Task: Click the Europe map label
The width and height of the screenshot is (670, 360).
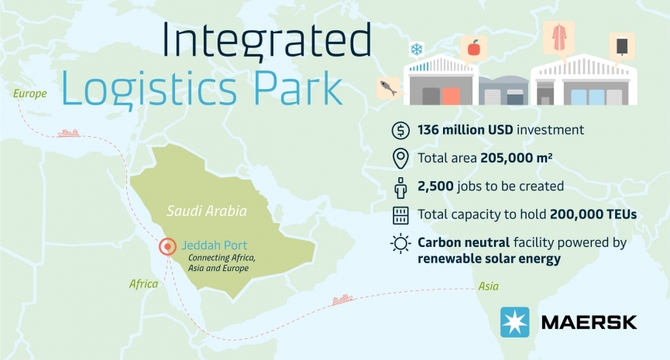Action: click(30, 94)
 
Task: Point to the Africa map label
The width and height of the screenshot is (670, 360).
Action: click(143, 284)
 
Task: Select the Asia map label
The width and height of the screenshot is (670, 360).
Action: click(489, 286)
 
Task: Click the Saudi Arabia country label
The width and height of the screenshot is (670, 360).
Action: click(207, 211)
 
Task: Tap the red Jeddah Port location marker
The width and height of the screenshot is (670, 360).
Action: click(167, 246)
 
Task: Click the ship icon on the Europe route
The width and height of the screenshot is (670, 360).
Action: click(69, 133)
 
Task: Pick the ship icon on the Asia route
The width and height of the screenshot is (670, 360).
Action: click(342, 300)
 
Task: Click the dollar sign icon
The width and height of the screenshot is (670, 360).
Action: click(400, 130)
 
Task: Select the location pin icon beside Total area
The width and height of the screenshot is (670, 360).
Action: click(400, 159)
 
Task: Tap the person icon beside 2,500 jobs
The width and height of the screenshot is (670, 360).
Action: click(400, 187)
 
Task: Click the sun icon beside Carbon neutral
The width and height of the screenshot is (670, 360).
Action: click(400, 244)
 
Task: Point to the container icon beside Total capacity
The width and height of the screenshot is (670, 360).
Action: click(400, 215)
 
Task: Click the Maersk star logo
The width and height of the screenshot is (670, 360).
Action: click(515, 322)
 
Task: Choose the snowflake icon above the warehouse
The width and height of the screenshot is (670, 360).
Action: click(416, 49)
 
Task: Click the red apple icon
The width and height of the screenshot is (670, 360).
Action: click(473, 48)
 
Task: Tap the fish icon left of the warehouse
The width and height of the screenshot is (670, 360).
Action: click(388, 87)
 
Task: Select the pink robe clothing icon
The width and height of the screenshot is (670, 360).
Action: click(558, 38)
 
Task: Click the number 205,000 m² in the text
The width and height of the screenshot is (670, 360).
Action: click(516, 158)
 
